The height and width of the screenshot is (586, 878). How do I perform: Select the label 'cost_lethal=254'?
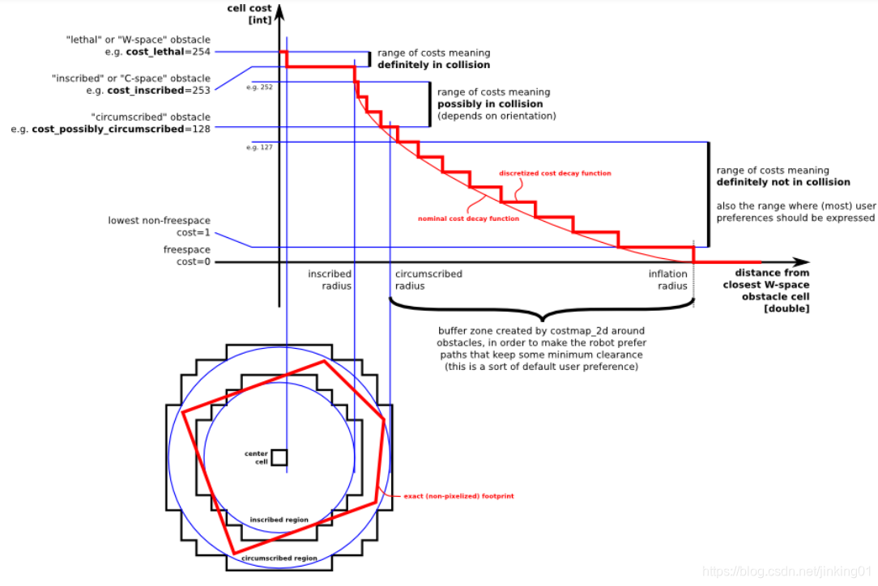(168, 51)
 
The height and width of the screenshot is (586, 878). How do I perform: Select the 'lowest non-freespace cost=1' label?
(159, 226)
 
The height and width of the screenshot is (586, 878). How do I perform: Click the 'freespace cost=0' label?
(186, 256)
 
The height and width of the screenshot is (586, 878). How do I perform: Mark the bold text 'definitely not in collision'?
(783, 182)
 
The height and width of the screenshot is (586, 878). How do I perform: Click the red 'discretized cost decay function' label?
(555, 173)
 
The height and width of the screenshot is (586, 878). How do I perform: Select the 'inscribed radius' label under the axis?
(330, 279)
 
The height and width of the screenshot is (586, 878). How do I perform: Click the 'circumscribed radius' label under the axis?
(428, 279)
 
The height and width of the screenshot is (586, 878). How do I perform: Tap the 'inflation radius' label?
(667, 279)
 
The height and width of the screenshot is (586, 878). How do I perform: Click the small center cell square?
(279, 457)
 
